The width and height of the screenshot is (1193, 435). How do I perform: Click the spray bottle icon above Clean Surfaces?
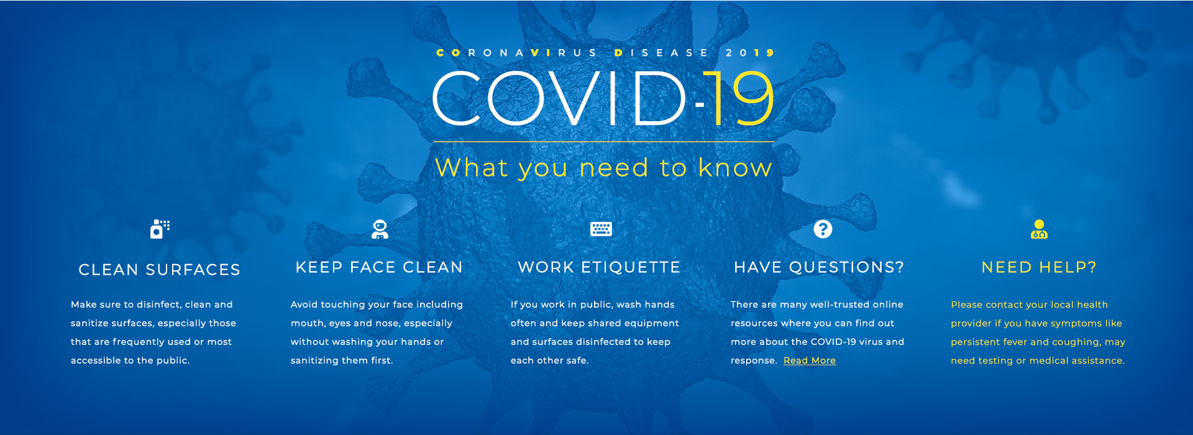click(x=160, y=229)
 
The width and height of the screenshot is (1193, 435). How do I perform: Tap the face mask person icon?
click(x=380, y=229)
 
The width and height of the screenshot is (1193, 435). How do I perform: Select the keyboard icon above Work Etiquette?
click(x=601, y=229)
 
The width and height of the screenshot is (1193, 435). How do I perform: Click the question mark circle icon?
click(x=823, y=229)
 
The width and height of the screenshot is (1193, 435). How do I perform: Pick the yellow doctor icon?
click(x=1039, y=229)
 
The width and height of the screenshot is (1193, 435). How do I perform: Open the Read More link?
click(x=810, y=360)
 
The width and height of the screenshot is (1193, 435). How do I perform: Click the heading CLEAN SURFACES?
click(x=159, y=270)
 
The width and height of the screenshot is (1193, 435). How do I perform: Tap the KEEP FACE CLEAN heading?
click(x=379, y=267)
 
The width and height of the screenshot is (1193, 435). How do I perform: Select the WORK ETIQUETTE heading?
click(x=599, y=267)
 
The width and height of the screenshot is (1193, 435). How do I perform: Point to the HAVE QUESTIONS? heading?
click(x=819, y=267)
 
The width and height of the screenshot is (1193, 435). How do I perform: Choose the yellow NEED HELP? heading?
click(x=1039, y=267)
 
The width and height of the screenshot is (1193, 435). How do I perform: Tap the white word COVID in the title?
click(x=559, y=98)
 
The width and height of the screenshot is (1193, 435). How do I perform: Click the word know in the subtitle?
click(x=735, y=168)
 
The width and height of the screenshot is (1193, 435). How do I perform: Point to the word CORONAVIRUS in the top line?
click(x=517, y=53)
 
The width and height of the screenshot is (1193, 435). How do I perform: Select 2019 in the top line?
click(x=750, y=53)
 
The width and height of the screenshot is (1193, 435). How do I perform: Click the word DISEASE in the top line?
click(x=661, y=53)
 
